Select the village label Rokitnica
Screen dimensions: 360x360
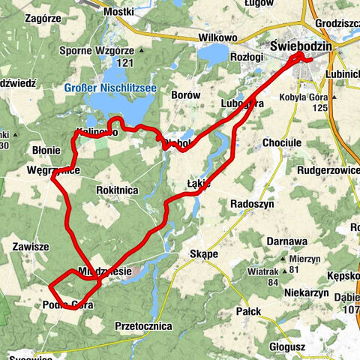tap(117, 190)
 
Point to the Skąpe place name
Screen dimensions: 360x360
tap(204, 254)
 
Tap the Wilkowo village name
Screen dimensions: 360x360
tap(217, 37)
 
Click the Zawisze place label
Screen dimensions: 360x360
tap(31, 246)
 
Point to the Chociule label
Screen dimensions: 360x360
tap(282, 142)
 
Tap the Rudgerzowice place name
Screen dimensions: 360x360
tap(319, 169)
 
